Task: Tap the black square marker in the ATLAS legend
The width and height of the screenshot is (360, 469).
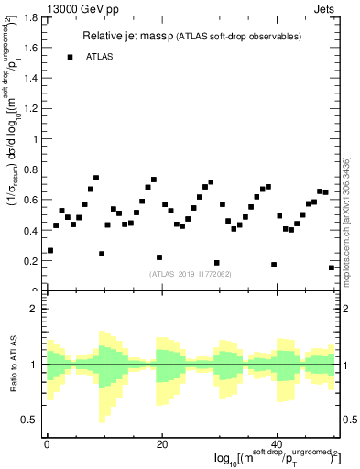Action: [x=70, y=57]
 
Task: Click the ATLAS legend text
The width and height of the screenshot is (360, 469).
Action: [x=101, y=57]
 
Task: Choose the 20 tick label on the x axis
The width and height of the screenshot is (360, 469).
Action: [x=162, y=442]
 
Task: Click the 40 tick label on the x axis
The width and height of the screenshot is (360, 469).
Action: [x=278, y=442]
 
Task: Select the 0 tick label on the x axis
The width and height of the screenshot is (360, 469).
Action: [x=47, y=442]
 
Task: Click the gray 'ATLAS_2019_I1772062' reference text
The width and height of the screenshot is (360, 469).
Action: [x=191, y=273]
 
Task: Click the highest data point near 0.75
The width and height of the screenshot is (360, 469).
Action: [x=96, y=178]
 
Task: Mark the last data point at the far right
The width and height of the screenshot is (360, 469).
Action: [x=331, y=267]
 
